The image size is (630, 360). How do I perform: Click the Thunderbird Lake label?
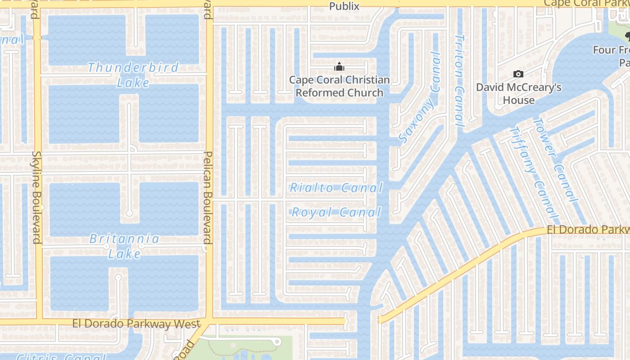pyautogui.click(x=133, y=75)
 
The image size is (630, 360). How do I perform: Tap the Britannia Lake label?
pyautogui.click(x=124, y=246)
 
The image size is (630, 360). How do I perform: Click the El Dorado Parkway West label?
pyautogui.click(x=136, y=324)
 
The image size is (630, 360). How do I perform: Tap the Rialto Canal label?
pyautogui.click(x=336, y=188)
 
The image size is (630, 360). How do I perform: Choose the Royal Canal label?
pyautogui.click(x=336, y=212)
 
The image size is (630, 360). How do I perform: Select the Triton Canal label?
pyautogui.click(x=459, y=80)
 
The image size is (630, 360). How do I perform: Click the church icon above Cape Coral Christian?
pyautogui.click(x=339, y=67)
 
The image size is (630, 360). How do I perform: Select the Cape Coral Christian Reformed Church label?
pyautogui.click(x=339, y=86)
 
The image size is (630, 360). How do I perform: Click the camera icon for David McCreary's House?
pyautogui.click(x=518, y=74)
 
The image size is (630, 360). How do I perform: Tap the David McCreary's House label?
pyautogui.click(x=519, y=93)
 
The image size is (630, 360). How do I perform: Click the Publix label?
pyautogui.click(x=344, y=6)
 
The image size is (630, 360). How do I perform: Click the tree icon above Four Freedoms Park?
pyautogui.click(x=627, y=35)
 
